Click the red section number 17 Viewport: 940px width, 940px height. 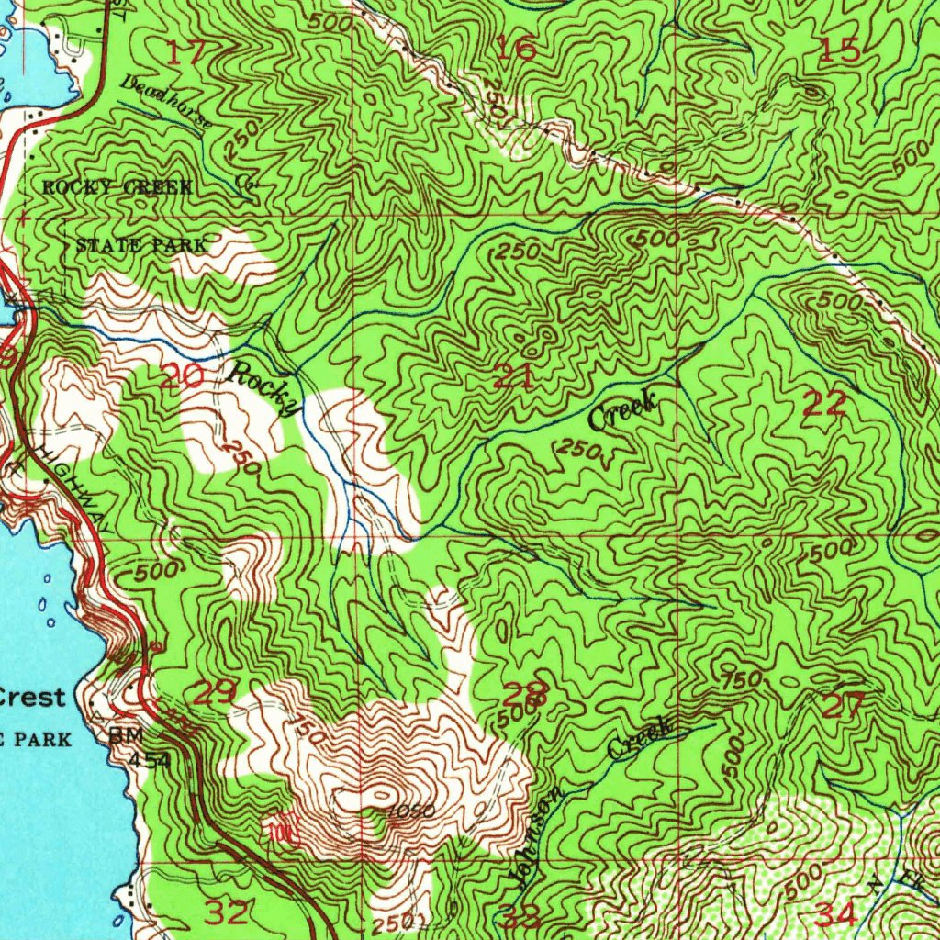pyautogui.click(x=186, y=52)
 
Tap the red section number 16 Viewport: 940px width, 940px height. pyautogui.click(x=516, y=48)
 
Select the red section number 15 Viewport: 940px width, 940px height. pyautogui.click(x=838, y=50)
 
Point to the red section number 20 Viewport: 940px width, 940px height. pyautogui.click(x=181, y=375)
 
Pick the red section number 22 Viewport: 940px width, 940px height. pyautogui.click(x=823, y=403)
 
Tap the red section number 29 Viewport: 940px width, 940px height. pyautogui.click(x=215, y=693)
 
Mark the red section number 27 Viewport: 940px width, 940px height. pyautogui.click(x=843, y=706)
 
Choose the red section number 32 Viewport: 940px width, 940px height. pyautogui.click(x=225, y=912)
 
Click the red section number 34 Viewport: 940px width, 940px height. pyautogui.click(x=835, y=914)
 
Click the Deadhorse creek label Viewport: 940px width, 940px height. pyautogui.click(x=166, y=101)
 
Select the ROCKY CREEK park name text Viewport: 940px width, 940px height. pyautogui.click(x=117, y=187)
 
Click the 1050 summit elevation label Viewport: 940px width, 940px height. pyautogui.click(x=405, y=811)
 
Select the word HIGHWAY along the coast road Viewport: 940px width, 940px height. pyautogui.click(x=77, y=492)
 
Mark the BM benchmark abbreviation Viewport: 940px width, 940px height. pyautogui.click(x=120, y=736)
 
